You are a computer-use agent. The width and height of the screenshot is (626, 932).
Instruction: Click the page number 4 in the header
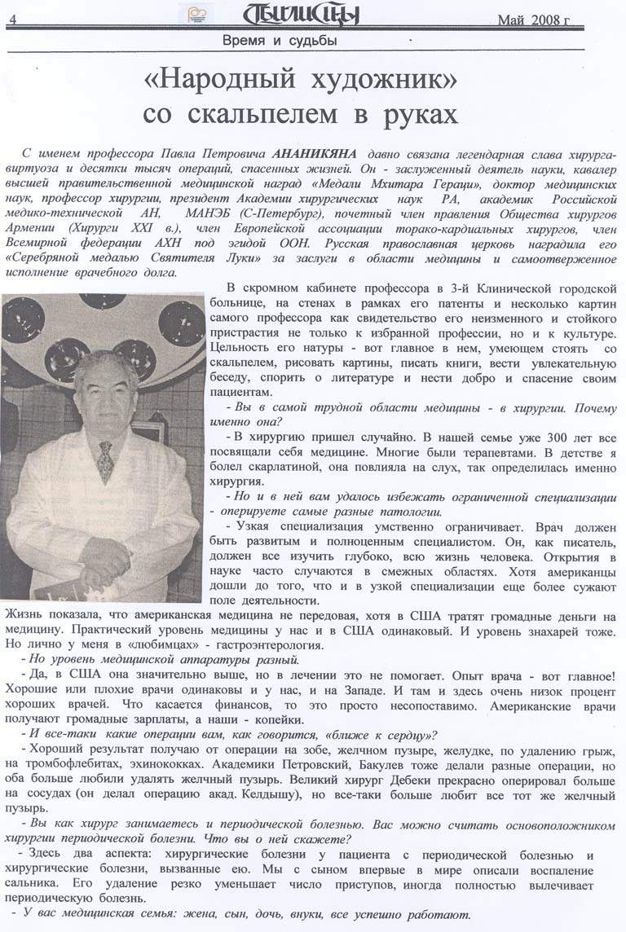(x=16, y=21)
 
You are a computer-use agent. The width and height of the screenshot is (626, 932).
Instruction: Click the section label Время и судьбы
(x=280, y=41)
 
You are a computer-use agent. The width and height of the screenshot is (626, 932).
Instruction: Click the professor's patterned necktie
(x=105, y=460)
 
